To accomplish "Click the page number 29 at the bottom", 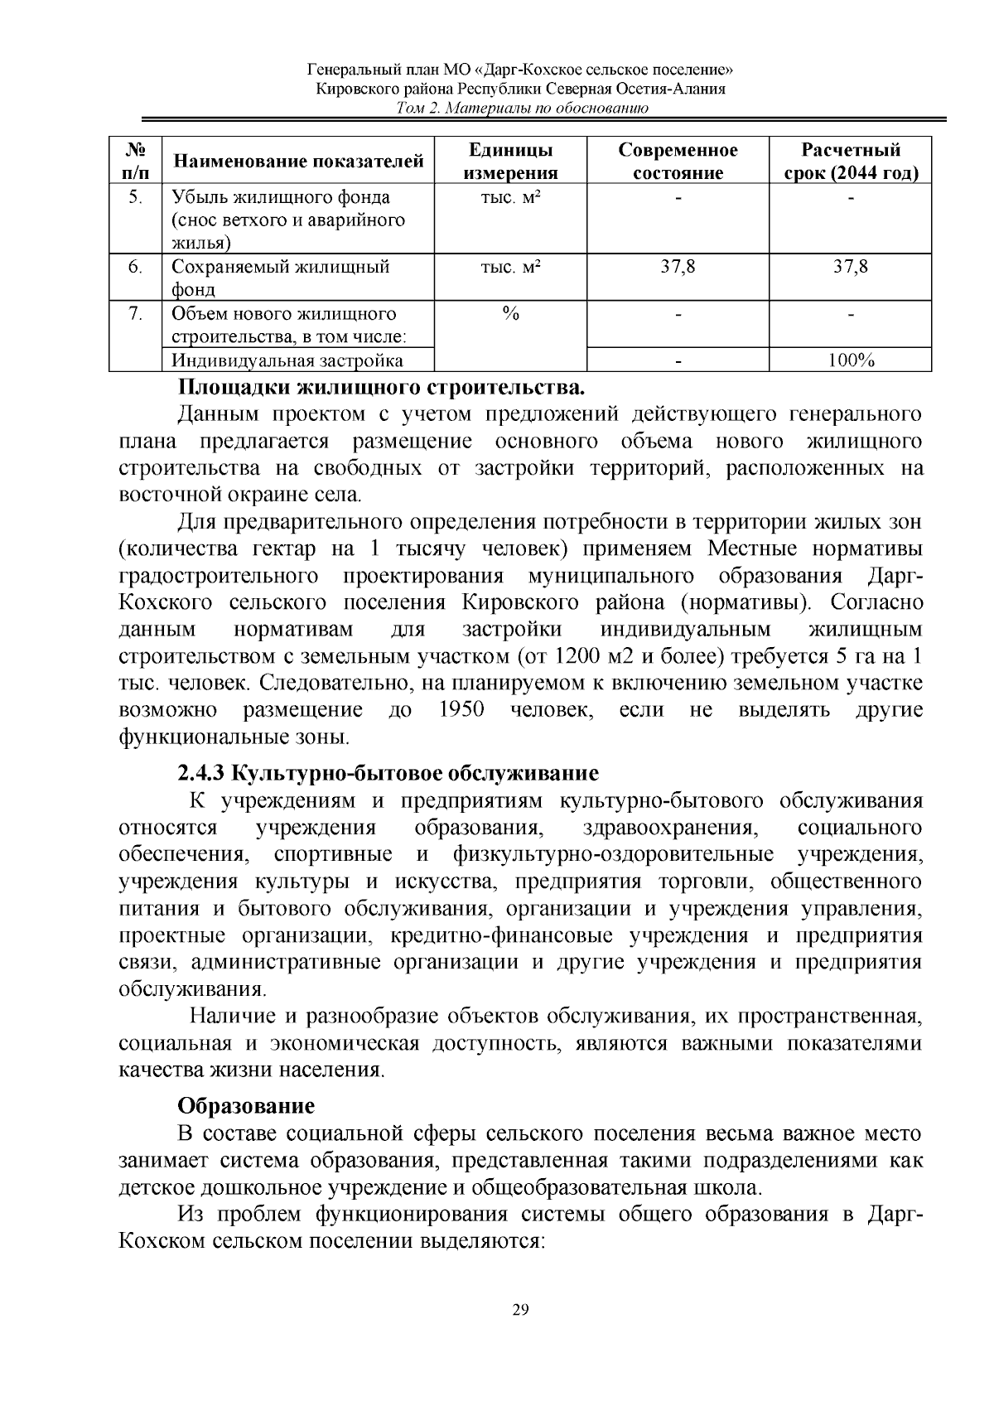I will [520, 1310].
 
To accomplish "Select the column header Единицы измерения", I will [510, 161].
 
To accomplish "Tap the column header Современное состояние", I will [678, 161].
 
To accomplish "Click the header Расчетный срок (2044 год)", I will [850, 161].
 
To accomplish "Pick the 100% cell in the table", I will [851, 360].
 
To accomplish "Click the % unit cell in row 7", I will [510, 314].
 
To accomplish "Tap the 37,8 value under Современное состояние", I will [678, 267].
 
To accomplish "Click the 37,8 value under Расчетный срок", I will [851, 267].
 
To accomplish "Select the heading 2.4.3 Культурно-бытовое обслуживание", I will [388, 773].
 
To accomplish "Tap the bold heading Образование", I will [246, 1105].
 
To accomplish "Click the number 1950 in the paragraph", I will [461, 710].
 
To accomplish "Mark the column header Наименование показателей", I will [297, 161].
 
